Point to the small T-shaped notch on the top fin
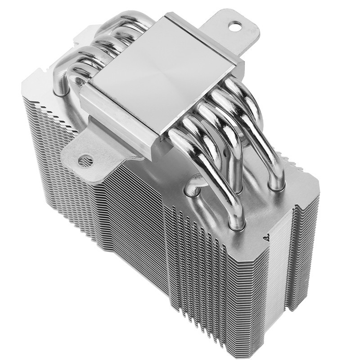tap(265, 234)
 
